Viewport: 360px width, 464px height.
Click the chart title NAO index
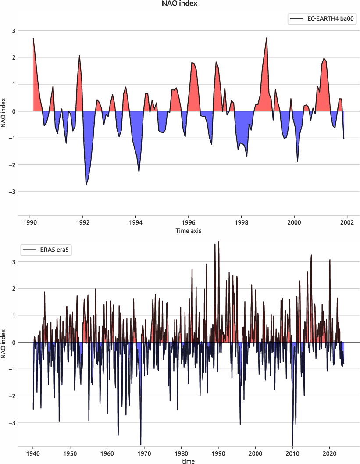coord(180,4)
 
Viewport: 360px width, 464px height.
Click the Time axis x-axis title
coord(189,230)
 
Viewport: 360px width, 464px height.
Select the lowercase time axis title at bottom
coord(189,461)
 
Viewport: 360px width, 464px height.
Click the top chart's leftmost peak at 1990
coord(33,39)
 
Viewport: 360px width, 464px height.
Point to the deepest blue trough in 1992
coord(86,185)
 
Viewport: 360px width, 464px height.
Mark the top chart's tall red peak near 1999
coord(267,38)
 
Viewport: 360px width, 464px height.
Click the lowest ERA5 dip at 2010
coord(292,444)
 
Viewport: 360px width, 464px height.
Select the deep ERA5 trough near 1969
coord(141,444)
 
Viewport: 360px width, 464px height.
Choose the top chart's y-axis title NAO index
coord(4,111)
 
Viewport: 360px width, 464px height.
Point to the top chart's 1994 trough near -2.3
coord(139,171)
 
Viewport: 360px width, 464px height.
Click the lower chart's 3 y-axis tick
coord(13,262)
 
